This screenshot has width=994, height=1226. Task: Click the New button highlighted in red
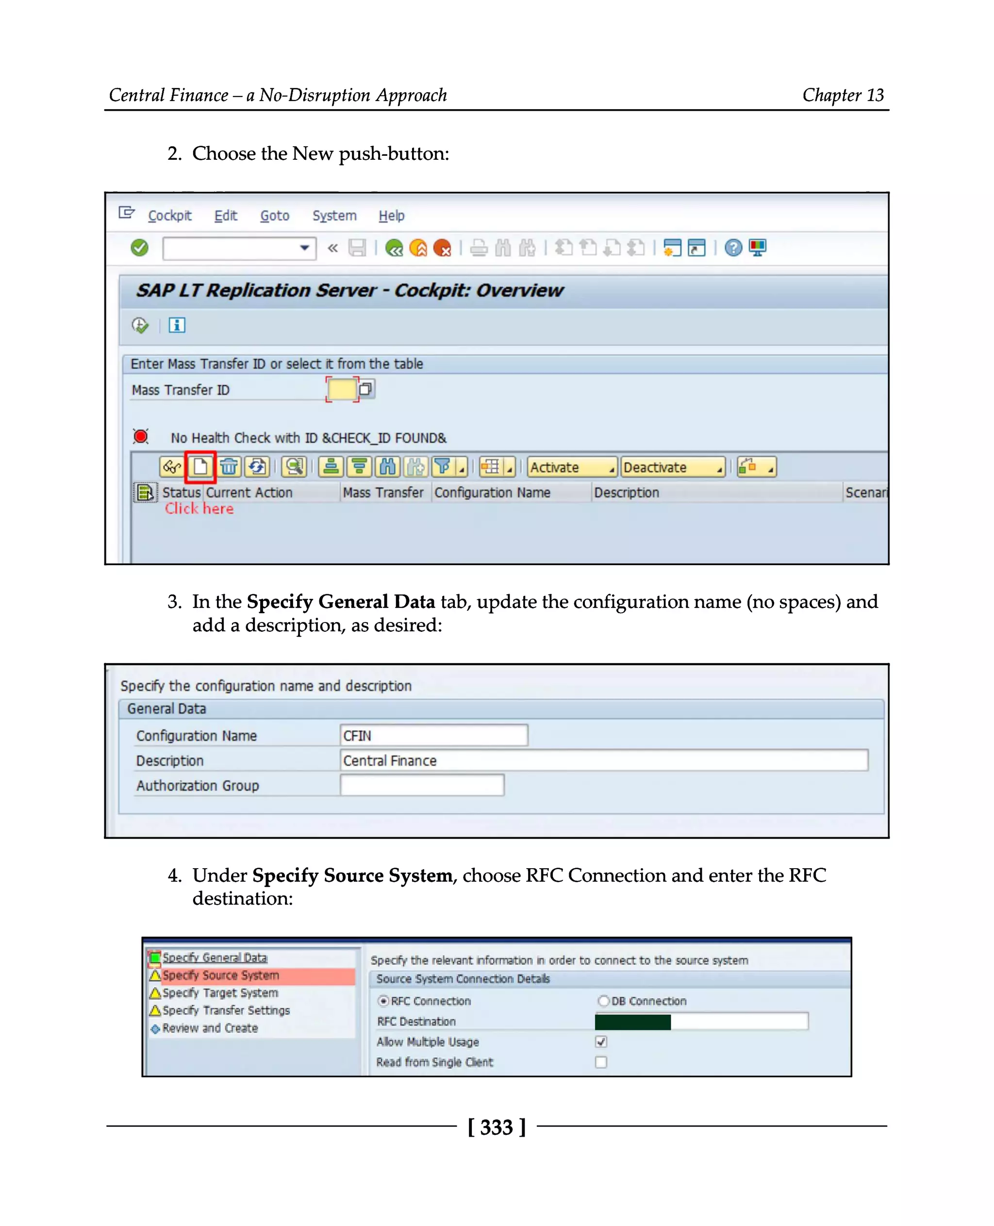pyautogui.click(x=200, y=467)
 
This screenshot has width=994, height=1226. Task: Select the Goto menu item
pyautogui.click(x=274, y=216)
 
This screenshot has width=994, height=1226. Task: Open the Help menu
pyautogui.click(x=391, y=216)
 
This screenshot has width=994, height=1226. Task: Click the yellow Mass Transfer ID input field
pyautogui.click(x=341, y=389)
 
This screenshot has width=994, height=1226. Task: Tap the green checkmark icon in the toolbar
pyautogui.click(x=139, y=248)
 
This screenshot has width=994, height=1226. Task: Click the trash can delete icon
pyautogui.click(x=229, y=467)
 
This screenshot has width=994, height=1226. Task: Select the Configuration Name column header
pyautogui.click(x=492, y=493)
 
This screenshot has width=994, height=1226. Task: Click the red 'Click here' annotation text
pyautogui.click(x=199, y=509)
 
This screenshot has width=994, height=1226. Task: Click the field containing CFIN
pyautogui.click(x=433, y=736)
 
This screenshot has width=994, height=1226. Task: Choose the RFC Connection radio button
pyautogui.click(x=383, y=1001)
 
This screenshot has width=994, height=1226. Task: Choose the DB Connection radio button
pyautogui.click(x=603, y=1001)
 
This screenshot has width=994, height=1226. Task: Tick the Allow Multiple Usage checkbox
pyautogui.click(x=601, y=1041)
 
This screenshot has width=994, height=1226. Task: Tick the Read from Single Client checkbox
pyautogui.click(x=601, y=1062)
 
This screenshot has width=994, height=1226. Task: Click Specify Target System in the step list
pyautogui.click(x=220, y=993)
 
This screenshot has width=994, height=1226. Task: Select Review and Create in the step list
pyautogui.click(x=210, y=1028)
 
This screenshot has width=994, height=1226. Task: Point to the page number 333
pyautogui.click(x=497, y=1127)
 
